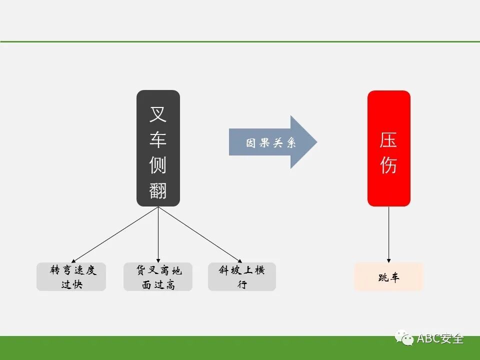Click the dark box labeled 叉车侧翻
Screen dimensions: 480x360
158,148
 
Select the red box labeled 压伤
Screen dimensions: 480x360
388,148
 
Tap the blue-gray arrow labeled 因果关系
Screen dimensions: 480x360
272,142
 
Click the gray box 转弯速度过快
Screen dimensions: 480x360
71,277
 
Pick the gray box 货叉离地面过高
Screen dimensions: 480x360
158,277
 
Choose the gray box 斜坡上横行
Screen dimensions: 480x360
242,277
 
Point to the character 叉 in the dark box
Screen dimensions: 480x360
158,114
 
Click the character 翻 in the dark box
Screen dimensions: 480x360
158,190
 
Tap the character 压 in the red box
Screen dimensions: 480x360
388,140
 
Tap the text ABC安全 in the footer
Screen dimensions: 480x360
441,338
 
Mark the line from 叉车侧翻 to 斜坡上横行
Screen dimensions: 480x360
200,233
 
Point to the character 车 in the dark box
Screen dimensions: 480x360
158,140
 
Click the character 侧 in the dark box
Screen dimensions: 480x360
158,165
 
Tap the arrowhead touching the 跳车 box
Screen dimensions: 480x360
388,259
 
